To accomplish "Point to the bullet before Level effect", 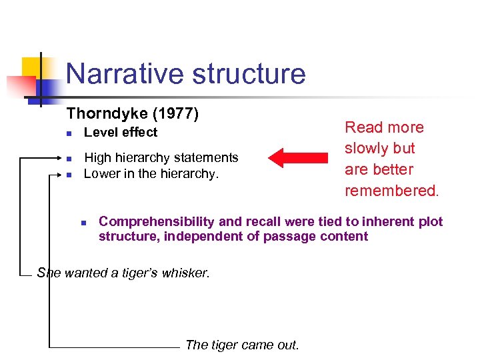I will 69,133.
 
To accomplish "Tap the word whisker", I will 186,273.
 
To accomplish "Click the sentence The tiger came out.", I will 242,345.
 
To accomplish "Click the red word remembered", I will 391,191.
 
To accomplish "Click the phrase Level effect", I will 121,132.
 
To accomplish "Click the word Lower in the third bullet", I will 101,174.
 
